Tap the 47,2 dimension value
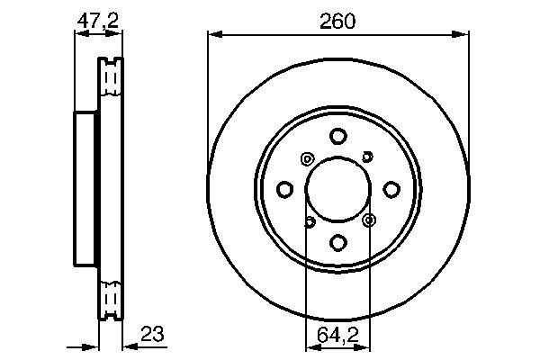[x=97, y=19]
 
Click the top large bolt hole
[x=337, y=137]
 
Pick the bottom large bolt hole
[x=337, y=242]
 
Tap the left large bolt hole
[x=285, y=189]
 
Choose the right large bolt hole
[x=391, y=189]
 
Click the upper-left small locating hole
[x=307, y=159]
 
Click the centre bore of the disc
[x=337, y=189]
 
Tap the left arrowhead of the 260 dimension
[x=212, y=35]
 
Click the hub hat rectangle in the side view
[x=85, y=189]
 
